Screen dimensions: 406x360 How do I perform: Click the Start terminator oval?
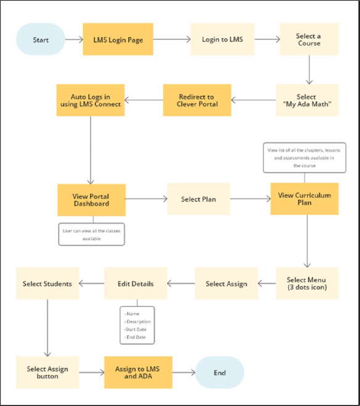pyautogui.click(x=41, y=39)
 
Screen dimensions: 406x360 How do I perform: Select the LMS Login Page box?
pyautogui.click(x=118, y=39)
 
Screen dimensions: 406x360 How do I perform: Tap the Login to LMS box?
pyautogui.click(x=223, y=39)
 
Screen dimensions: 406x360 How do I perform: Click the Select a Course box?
pyautogui.click(x=308, y=39)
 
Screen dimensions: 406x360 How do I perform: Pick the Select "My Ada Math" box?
pyautogui.click(x=306, y=100)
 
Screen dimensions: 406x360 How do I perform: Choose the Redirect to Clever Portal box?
pyautogui.click(x=197, y=100)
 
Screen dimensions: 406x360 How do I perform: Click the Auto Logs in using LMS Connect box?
pyautogui.click(x=91, y=100)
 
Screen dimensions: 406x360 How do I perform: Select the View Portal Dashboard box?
pyautogui.click(x=91, y=200)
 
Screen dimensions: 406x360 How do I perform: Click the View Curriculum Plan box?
pyautogui.click(x=304, y=199)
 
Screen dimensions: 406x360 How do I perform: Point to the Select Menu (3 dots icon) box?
pyautogui.click(x=307, y=283)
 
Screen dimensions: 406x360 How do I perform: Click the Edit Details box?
pyautogui.click(x=135, y=283)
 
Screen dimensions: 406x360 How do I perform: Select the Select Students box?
pyautogui.click(x=47, y=283)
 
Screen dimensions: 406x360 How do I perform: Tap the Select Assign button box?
pyautogui.click(x=47, y=372)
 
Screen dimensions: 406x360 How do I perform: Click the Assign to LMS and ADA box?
pyautogui.click(x=137, y=372)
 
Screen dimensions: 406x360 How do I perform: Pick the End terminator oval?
pyautogui.click(x=219, y=373)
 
